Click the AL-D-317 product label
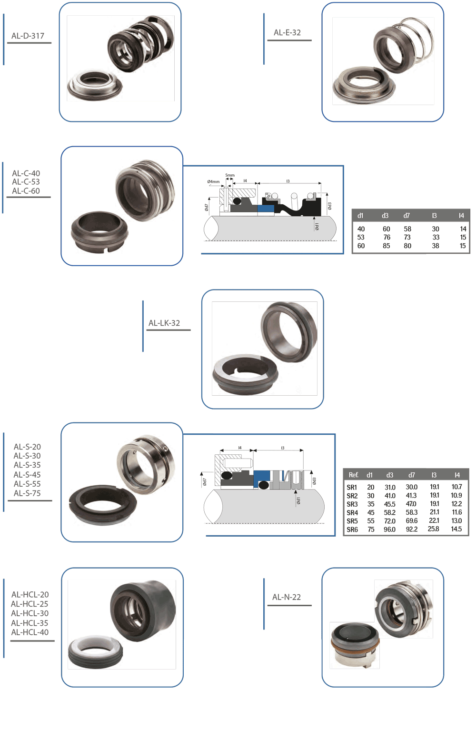pyautogui.click(x=28, y=36)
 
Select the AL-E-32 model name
pyautogui.click(x=287, y=32)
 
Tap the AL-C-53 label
pyautogui.click(x=26, y=182)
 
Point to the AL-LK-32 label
pyautogui.click(x=164, y=323)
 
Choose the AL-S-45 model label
pyautogui.click(x=27, y=475)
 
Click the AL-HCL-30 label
pyautogui.click(x=30, y=613)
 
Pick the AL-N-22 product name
pyautogui.click(x=287, y=597)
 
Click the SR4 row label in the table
pyautogui.click(x=352, y=513)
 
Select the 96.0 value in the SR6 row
pyautogui.click(x=389, y=530)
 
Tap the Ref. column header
pyautogui.click(x=353, y=475)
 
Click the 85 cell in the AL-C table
pyautogui.click(x=387, y=246)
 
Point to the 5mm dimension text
pyautogui.click(x=230, y=175)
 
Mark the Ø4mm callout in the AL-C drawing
pyautogui.click(x=213, y=181)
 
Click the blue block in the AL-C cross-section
pyautogui.click(x=266, y=208)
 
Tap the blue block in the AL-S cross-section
pyautogui.click(x=262, y=476)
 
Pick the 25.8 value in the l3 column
pyautogui.click(x=433, y=529)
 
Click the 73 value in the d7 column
pyautogui.click(x=407, y=237)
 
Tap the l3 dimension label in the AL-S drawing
pyautogui.click(x=283, y=448)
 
